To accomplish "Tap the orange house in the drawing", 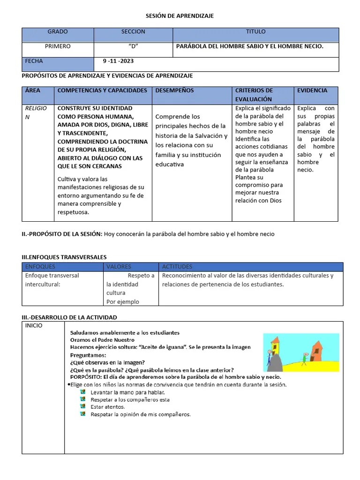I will point(318,351).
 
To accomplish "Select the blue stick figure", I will point(269,357).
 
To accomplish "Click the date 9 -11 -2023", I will point(118,61).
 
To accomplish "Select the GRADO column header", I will point(58,32).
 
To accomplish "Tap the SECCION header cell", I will point(133,32).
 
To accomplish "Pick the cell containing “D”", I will point(133,46).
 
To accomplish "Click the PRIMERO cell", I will point(58,46).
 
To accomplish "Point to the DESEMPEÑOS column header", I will point(174,90).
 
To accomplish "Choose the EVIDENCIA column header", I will point(312,90).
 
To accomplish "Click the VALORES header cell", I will point(119,267).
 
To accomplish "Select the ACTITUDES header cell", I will point(177,267).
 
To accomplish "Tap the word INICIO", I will point(34,325).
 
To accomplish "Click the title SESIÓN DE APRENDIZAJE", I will point(180,16).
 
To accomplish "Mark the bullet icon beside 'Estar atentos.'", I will point(83,406).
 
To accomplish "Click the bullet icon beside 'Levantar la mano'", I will point(83,391).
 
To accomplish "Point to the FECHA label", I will point(34,61).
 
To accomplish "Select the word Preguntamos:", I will point(88,355).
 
